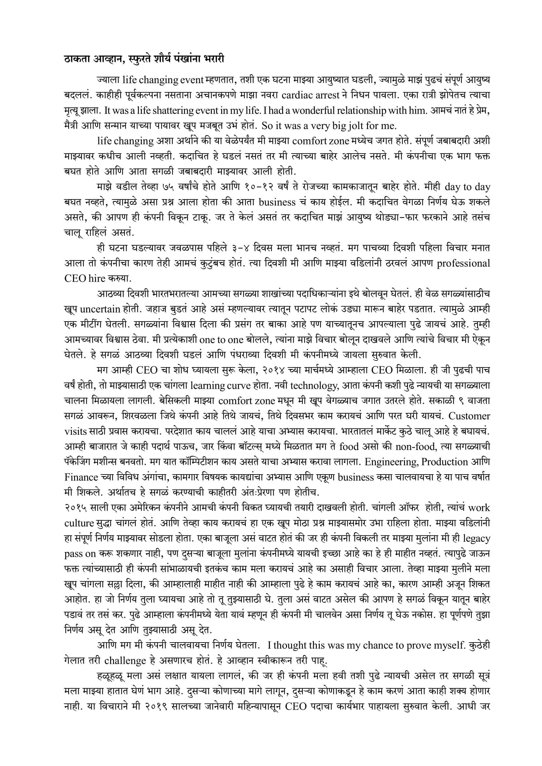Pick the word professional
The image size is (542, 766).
point(463,263)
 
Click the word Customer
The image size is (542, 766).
point(469,416)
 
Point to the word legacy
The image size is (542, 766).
point(476,538)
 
